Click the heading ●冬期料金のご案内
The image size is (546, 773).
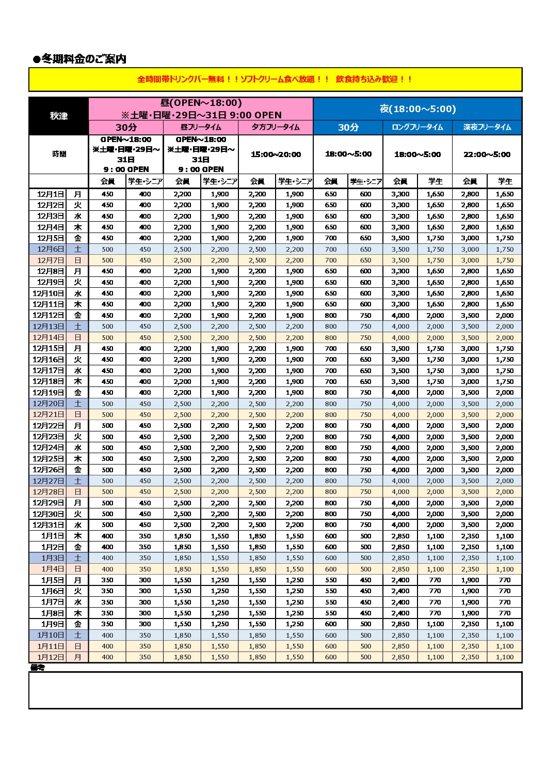point(79,59)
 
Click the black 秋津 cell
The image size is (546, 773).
point(59,116)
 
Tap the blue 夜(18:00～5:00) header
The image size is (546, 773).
point(417,109)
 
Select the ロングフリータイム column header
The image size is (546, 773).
point(417,127)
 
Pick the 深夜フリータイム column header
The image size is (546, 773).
point(487,127)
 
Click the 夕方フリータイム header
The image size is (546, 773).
point(276,127)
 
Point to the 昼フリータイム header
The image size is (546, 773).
point(201,127)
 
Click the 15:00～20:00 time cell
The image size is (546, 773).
point(276,154)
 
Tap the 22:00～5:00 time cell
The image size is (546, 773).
point(487,154)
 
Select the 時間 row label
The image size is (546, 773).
point(59,154)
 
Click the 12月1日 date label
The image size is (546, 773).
point(50,194)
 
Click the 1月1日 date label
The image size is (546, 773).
point(52,536)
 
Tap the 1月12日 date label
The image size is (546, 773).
point(50,657)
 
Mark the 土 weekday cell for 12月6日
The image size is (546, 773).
point(77,249)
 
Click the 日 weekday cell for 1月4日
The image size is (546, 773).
point(77,569)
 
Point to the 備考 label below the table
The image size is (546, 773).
point(37,667)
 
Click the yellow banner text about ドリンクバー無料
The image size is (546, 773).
point(275,79)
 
